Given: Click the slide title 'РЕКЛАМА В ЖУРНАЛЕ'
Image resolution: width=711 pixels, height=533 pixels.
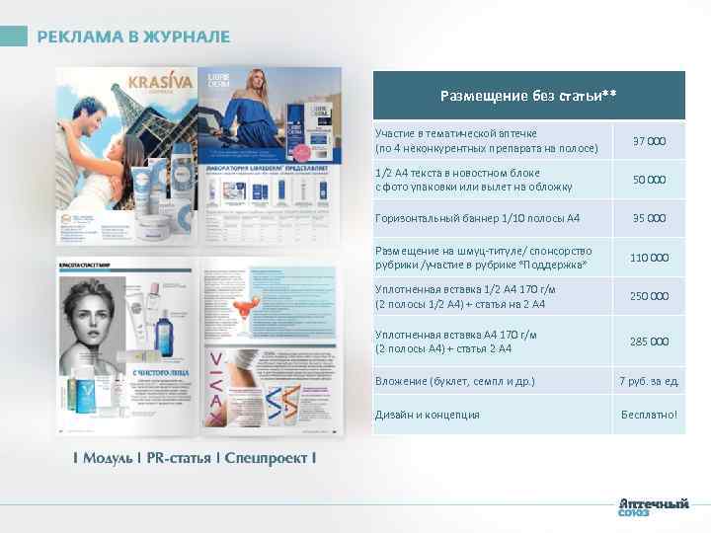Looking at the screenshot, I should point(133,37).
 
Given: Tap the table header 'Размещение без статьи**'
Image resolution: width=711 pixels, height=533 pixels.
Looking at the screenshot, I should point(528,96).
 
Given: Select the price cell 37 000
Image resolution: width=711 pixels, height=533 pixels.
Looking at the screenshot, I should point(649,141).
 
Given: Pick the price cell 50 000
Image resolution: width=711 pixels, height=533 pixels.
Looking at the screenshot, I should point(649,180).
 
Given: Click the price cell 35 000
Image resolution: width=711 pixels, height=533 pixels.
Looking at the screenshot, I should point(649,218).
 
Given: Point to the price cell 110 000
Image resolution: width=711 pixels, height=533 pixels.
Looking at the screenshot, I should point(649,257).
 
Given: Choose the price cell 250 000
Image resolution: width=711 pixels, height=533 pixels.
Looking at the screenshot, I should point(649,296).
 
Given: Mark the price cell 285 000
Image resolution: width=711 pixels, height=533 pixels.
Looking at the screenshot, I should point(649,342).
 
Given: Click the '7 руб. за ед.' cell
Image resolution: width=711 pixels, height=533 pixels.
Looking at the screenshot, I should point(649,381).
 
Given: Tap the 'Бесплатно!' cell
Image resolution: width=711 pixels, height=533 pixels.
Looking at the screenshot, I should point(649,415).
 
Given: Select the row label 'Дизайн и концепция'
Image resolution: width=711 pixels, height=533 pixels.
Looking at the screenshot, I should point(427,415).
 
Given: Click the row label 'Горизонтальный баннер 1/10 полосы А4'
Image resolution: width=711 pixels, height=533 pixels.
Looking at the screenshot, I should point(477,218).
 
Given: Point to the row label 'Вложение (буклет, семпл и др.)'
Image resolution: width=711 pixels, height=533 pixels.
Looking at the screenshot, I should point(455,381).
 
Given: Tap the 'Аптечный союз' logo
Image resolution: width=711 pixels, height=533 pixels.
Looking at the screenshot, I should point(653,506).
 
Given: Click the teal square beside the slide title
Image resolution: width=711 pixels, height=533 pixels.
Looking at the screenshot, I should point(14,37).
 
